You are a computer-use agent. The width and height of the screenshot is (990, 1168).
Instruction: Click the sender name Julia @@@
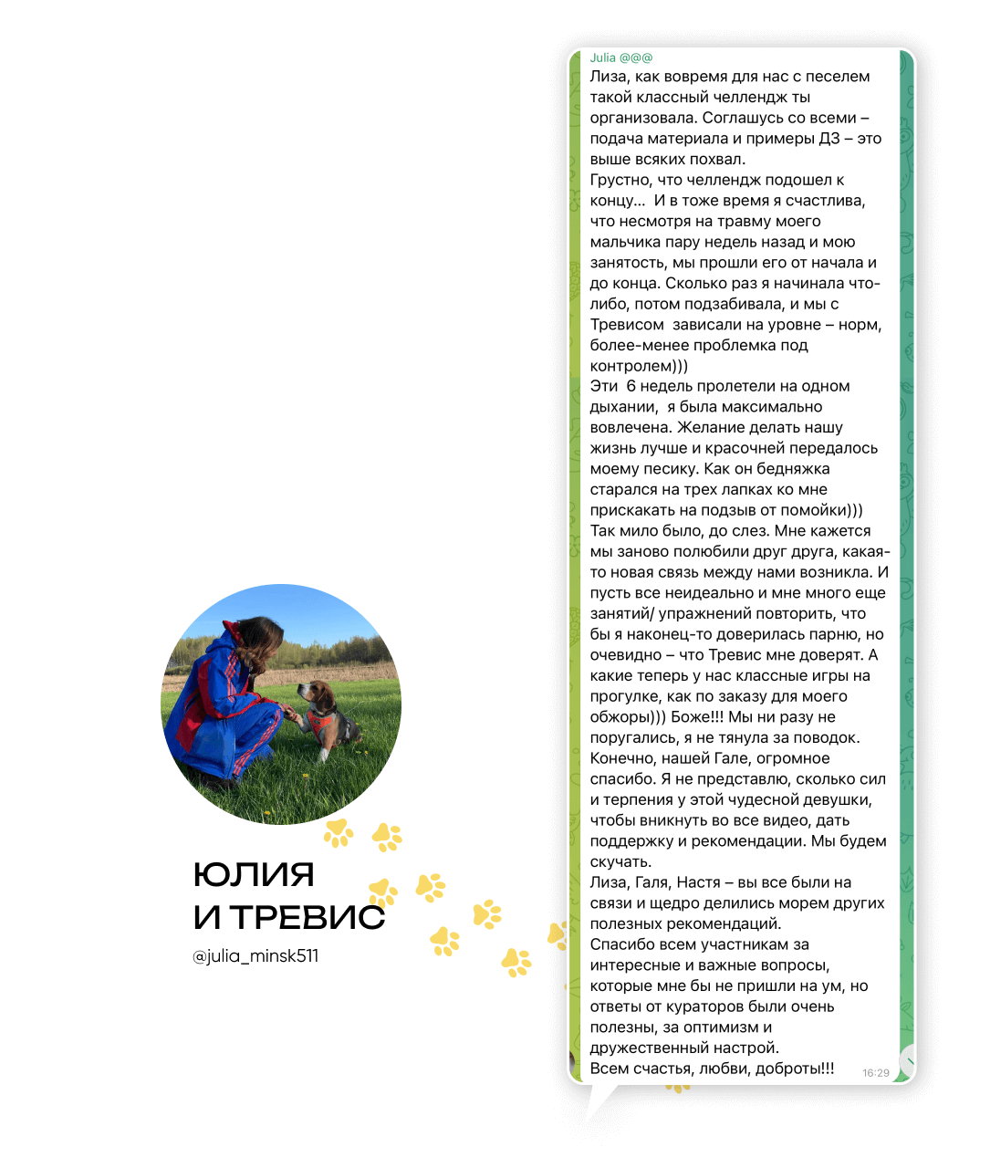(x=620, y=57)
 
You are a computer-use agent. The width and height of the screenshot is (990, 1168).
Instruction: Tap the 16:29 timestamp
(x=875, y=1073)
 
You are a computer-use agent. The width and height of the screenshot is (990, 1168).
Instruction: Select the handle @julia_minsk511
(x=255, y=956)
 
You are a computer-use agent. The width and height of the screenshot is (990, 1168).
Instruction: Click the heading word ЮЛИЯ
(x=254, y=875)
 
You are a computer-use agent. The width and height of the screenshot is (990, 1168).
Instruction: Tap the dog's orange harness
(x=320, y=724)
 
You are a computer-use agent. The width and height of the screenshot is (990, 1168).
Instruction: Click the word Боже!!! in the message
(x=697, y=717)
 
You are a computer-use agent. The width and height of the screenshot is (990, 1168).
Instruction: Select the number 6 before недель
(x=630, y=386)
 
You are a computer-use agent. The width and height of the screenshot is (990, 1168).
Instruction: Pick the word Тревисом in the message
(x=627, y=325)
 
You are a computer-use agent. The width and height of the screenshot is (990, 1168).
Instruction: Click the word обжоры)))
(x=628, y=717)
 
